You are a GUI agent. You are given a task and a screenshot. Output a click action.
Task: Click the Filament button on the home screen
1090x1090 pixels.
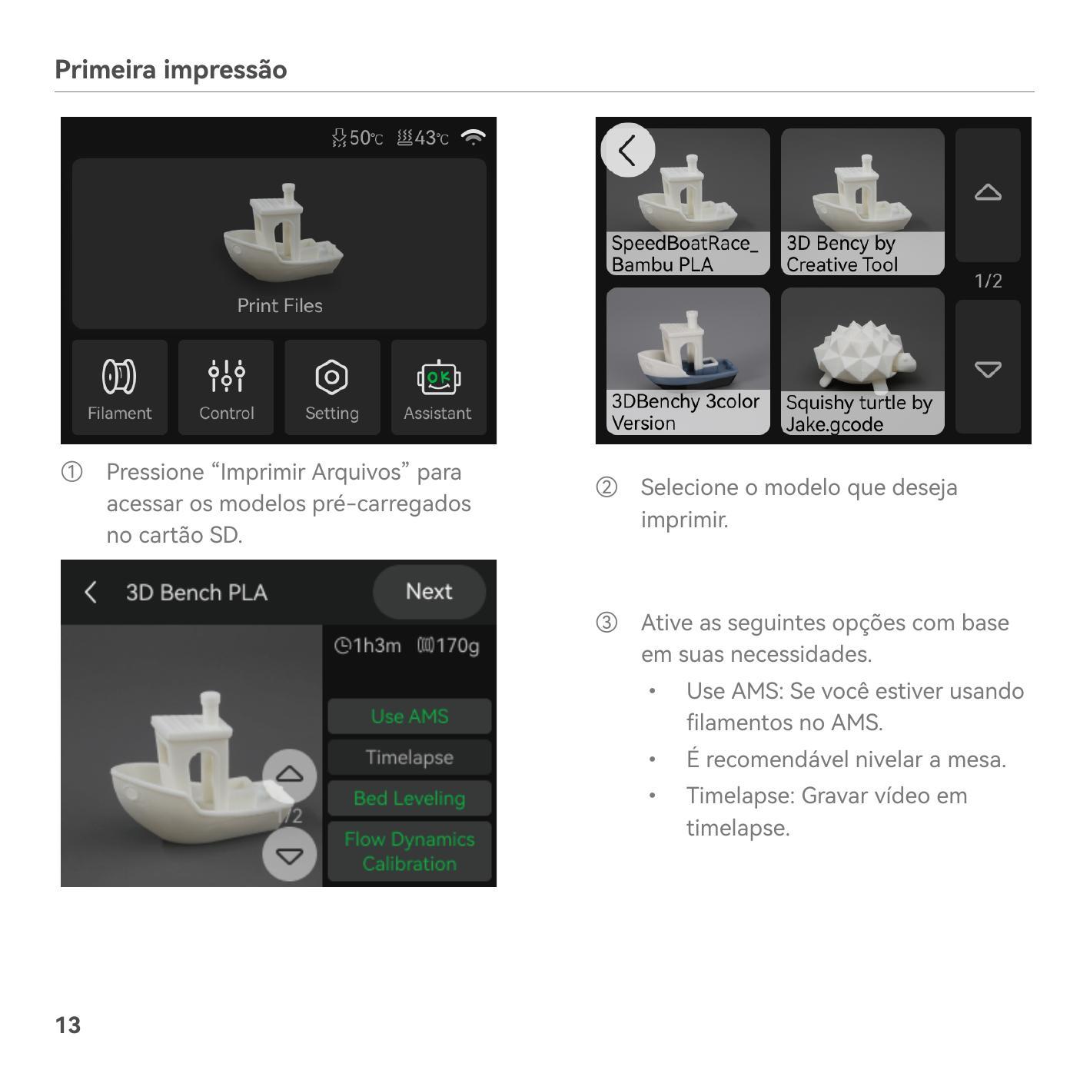[120, 387]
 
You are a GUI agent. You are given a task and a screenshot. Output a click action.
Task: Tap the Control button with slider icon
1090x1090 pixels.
[226, 387]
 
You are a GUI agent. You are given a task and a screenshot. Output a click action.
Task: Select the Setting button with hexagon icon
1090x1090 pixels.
[332, 387]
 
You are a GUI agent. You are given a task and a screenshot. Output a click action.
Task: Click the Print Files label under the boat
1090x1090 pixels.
[280, 306]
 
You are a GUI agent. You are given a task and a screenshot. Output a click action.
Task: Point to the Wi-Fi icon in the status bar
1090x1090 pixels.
[474, 138]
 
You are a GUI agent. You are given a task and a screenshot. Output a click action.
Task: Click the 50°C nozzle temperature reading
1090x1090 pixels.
[357, 138]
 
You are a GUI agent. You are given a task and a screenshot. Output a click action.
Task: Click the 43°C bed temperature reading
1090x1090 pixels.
[423, 138]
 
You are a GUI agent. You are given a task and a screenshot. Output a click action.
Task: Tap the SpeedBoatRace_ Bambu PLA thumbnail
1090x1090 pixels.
[688, 202]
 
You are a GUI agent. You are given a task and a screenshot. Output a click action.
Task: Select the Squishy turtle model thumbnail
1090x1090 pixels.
[862, 361]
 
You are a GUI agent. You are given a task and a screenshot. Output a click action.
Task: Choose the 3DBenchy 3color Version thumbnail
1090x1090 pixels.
[688, 361]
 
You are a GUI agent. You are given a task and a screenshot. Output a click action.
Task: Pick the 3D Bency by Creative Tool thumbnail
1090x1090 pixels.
[862, 202]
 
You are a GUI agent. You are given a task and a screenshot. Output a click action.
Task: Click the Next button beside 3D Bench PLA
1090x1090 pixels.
[430, 592]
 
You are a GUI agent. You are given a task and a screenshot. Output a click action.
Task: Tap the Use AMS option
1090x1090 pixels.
[410, 716]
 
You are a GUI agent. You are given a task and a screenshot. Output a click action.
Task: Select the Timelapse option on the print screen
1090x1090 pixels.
[410, 757]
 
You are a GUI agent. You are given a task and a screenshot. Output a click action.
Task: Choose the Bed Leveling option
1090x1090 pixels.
[410, 799]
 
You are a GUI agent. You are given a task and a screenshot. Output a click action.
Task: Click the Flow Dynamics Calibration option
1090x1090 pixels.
[410, 852]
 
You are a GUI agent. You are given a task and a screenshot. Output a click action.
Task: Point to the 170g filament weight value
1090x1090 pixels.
[449, 646]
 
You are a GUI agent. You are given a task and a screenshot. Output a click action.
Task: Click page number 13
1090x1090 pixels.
[68, 1025]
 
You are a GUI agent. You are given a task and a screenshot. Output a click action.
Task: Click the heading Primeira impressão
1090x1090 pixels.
[171, 70]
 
